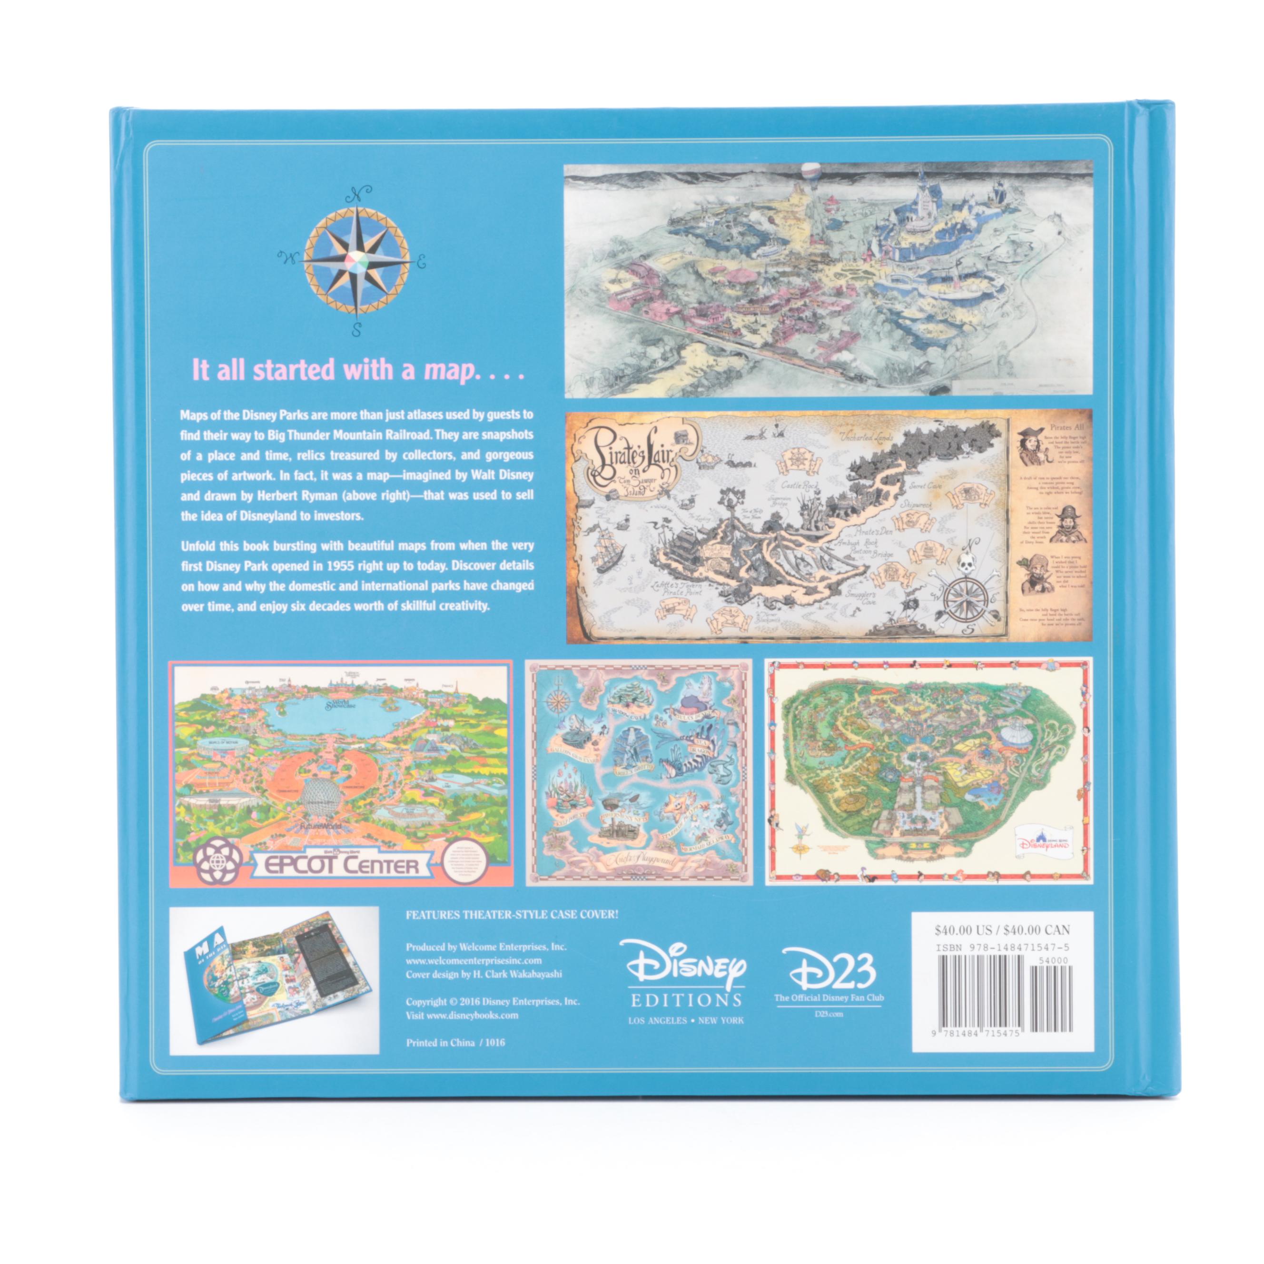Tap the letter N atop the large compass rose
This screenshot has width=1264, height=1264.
tap(357, 194)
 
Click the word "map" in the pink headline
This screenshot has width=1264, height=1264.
tap(448, 371)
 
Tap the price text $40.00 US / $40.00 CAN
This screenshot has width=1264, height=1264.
tap(1002, 930)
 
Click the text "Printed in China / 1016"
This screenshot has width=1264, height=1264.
tap(455, 1043)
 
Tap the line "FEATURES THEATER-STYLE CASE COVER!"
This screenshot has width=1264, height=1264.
tap(512, 915)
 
